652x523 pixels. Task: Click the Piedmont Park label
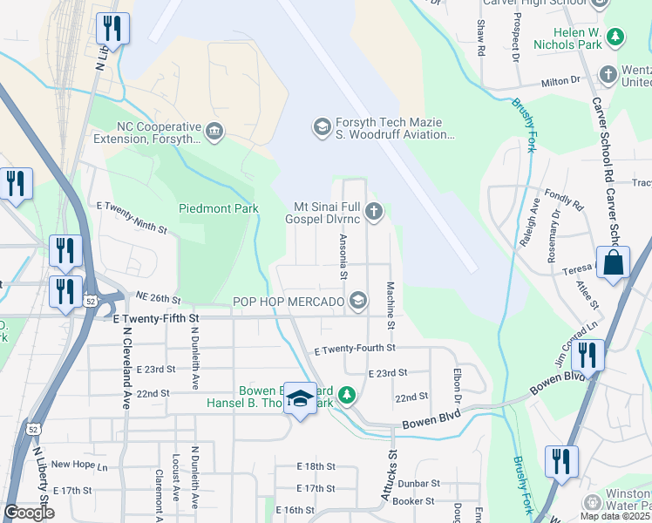click(219, 208)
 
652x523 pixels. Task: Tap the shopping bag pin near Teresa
click(614, 263)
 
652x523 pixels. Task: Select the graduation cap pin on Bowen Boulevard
click(301, 399)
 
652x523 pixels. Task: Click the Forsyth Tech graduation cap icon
click(321, 128)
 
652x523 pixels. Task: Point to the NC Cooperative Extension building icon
click(213, 132)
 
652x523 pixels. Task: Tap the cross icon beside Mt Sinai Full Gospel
click(374, 211)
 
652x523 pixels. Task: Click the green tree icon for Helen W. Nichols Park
click(616, 37)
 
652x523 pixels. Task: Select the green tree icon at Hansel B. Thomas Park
click(347, 396)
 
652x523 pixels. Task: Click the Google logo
click(29, 513)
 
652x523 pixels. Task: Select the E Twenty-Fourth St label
click(355, 348)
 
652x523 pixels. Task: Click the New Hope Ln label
click(78, 465)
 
